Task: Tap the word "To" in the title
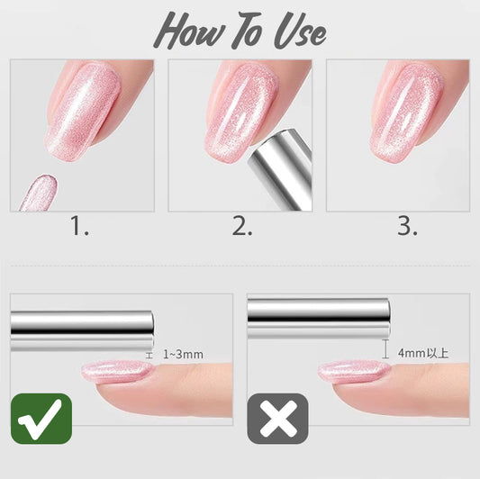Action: coord(248,30)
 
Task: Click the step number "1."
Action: coord(79,226)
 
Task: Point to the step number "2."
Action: coord(242,226)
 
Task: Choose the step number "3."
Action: coord(407,226)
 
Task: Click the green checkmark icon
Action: coord(41,419)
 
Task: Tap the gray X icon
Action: coord(278,419)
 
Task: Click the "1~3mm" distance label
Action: coord(183,355)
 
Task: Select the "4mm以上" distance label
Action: coord(423,353)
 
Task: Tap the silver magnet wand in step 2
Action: coord(280,170)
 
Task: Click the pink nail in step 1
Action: coord(83,113)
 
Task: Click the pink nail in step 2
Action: coord(242,112)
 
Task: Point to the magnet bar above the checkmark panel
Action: coord(82,330)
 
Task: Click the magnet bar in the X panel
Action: coord(319,319)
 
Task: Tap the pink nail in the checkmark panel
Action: coord(117,372)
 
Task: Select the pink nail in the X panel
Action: coord(354,372)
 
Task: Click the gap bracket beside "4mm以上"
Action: coord(385,348)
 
